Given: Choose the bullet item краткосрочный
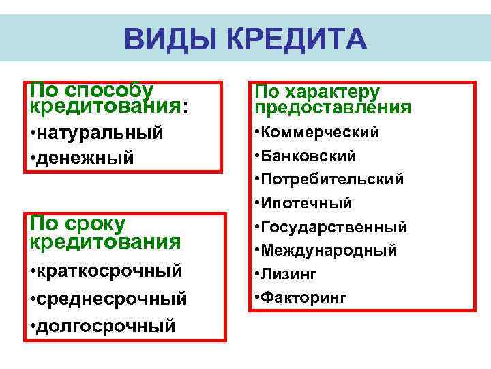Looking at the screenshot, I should (x=109, y=270).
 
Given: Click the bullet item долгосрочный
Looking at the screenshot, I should (x=106, y=325).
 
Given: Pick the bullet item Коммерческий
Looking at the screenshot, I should (x=321, y=132).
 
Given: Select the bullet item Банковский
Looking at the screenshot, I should (x=310, y=156).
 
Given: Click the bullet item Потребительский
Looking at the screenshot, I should (x=333, y=179).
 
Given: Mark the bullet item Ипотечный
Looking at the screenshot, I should (x=308, y=203).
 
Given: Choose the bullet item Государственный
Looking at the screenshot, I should (x=335, y=226).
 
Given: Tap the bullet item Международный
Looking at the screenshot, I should (x=329, y=250).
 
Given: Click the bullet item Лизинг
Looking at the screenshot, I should (x=290, y=273).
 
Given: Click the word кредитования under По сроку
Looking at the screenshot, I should (x=105, y=242).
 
